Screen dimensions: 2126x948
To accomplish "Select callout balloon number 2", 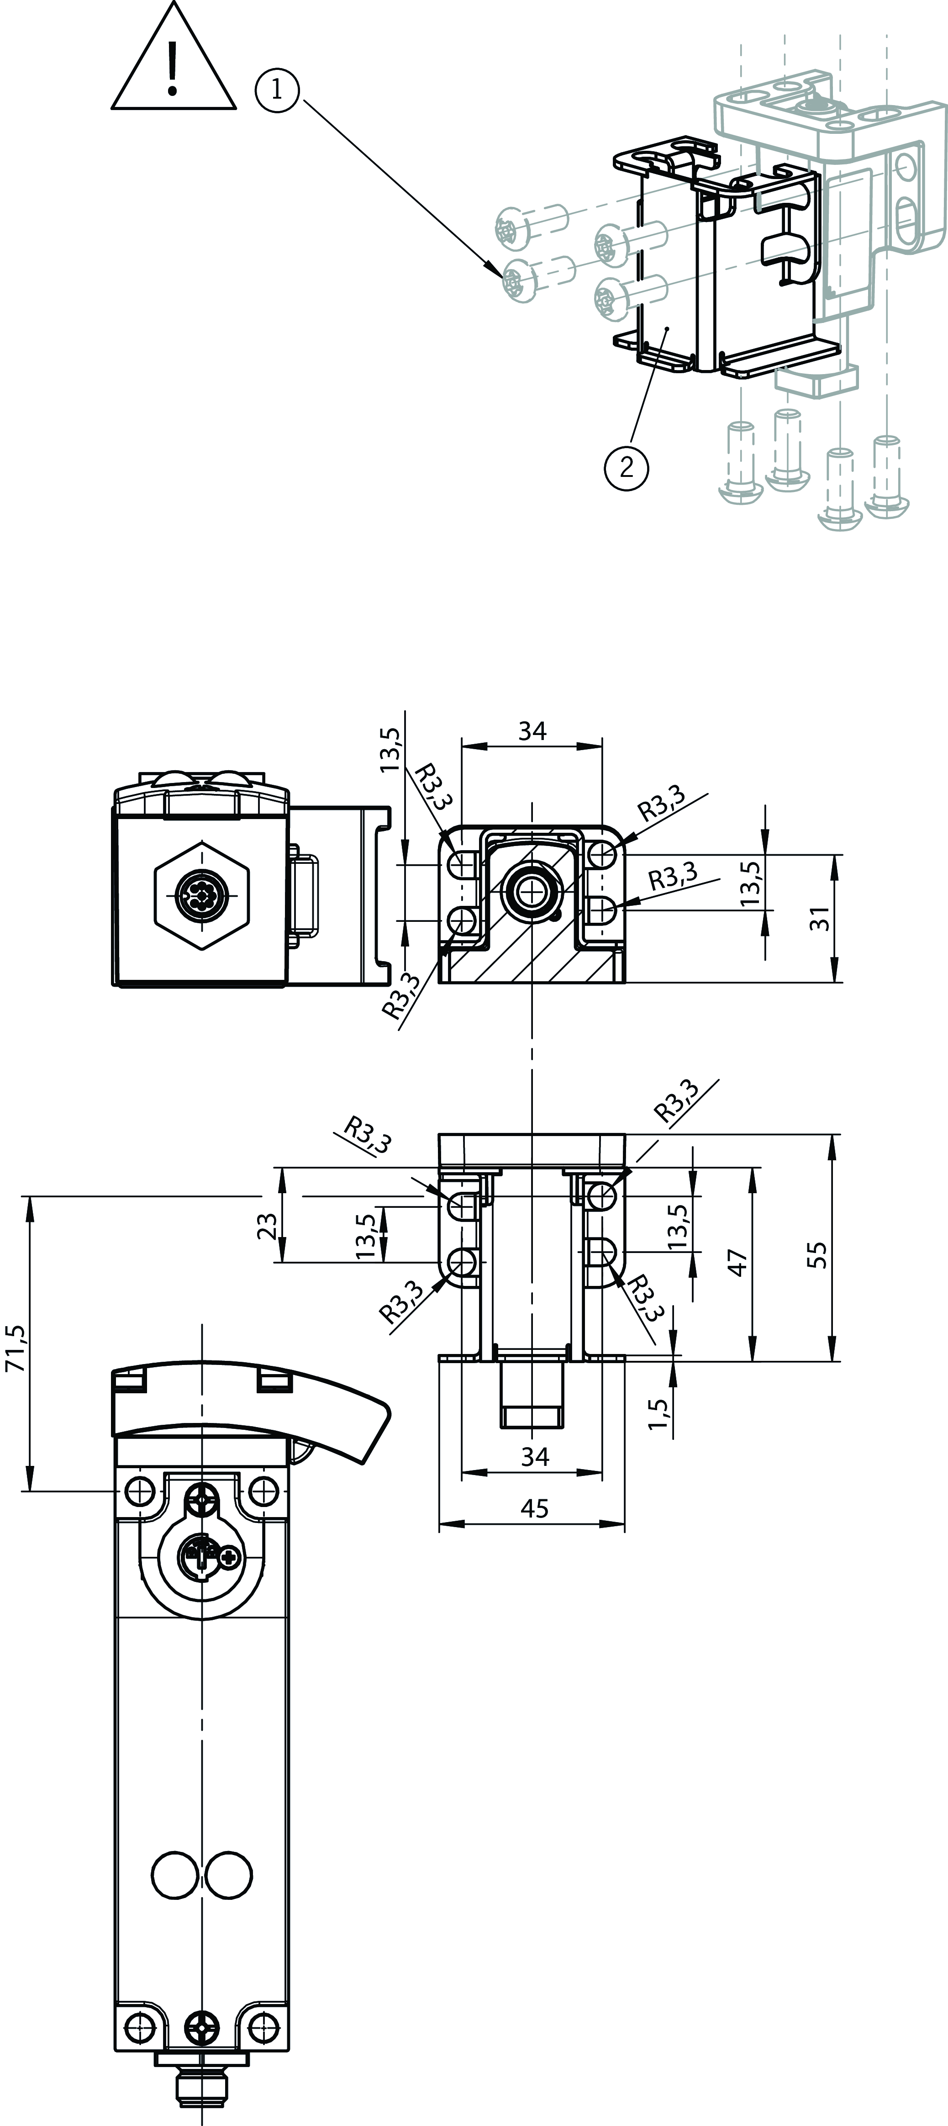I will [626, 468].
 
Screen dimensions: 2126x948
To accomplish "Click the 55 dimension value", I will [817, 1254].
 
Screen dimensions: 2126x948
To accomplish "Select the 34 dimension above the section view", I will [532, 730].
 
